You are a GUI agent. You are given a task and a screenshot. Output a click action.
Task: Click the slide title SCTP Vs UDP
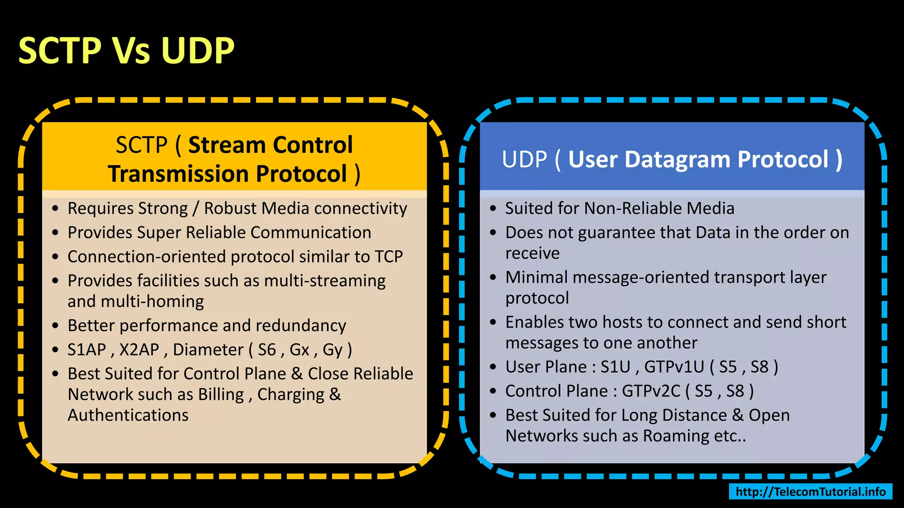pyautogui.click(x=126, y=51)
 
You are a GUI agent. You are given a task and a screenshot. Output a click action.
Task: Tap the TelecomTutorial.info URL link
pyautogui.click(x=810, y=492)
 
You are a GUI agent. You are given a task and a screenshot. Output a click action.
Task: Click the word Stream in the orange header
pyautogui.click(x=226, y=145)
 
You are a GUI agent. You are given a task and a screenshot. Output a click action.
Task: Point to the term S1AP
pyautogui.click(x=87, y=350)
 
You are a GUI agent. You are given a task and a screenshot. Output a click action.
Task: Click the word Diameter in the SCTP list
pyautogui.click(x=208, y=350)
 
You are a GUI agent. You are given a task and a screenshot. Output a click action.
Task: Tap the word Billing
pyautogui.click(x=221, y=395)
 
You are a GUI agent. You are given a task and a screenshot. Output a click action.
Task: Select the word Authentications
pyautogui.click(x=128, y=415)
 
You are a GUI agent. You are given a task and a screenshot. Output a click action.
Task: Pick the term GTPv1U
pyautogui.click(x=674, y=367)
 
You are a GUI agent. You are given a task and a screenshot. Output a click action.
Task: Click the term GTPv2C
pyautogui.click(x=651, y=391)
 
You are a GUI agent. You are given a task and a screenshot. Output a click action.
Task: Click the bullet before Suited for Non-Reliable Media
pyautogui.click(x=493, y=209)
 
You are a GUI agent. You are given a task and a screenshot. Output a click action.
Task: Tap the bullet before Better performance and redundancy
pyautogui.click(x=55, y=326)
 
